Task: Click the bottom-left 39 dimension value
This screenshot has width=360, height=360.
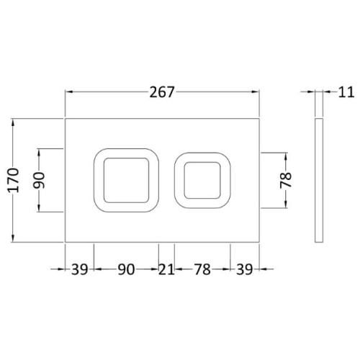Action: pyautogui.click(x=79, y=270)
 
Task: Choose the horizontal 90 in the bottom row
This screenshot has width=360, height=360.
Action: pyautogui.click(x=126, y=270)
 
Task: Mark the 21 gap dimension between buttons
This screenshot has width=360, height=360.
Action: pyautogui.click(x=166, y=270)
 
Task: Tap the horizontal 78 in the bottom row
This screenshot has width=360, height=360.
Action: pyautogui.click(x=202, y=270)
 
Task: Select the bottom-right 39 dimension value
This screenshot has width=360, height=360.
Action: pyautogui.click(x=245, y=270)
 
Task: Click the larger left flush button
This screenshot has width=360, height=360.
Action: pyautogui.click(x=126, y=180)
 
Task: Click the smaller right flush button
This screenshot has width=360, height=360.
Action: pyautogui.click(x=202, y=180)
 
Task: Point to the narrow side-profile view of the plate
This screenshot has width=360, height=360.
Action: pyautogui.click(x=318, y=180)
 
